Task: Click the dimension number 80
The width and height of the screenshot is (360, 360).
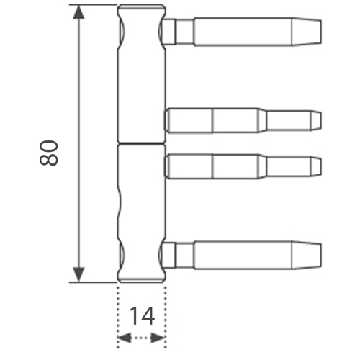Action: tap(49, 153)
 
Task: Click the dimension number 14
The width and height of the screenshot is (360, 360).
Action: tap(142, 316)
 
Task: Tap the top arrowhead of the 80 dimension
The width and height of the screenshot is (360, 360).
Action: tap(78, 12)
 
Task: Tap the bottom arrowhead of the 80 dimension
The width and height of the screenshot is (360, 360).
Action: tap(78, 274)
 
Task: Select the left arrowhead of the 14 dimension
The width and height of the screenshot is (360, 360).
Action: tap(125, 338)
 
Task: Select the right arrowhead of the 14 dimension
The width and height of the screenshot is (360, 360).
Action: tap(158, 338)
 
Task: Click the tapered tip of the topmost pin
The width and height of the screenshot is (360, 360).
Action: tap(306, 32)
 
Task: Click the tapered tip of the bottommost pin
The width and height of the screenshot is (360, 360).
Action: tap(306, 255)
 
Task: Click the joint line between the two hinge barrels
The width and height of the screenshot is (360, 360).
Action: tap(142, 144)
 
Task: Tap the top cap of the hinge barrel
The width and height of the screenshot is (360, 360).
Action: tap(142, 7)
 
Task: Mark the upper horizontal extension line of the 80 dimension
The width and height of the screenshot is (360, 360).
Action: tap(93, 4)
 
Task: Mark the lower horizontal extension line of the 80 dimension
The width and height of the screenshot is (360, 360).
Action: tap(93, 282)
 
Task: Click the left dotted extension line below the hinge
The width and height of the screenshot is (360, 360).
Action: tap(117, 317)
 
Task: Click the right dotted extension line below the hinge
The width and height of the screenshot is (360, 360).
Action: tap(166, 317)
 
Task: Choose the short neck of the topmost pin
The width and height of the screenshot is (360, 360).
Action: tap(185, 32)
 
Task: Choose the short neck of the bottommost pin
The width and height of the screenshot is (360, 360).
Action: tap(185, 255)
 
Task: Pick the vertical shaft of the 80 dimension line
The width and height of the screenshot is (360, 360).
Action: tap(78, 143)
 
